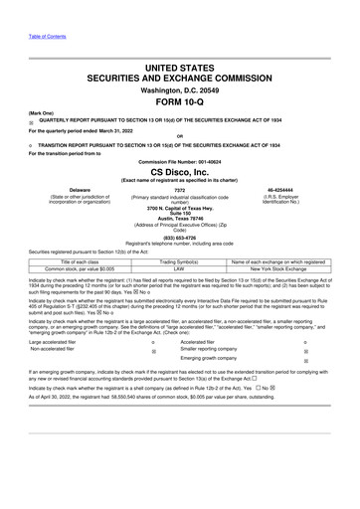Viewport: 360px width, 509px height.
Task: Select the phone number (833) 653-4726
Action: click(x=179, y=238)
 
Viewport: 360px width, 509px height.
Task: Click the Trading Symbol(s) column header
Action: click(x=179, y=261)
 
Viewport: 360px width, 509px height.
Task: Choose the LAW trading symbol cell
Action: click(x=179, y=268)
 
